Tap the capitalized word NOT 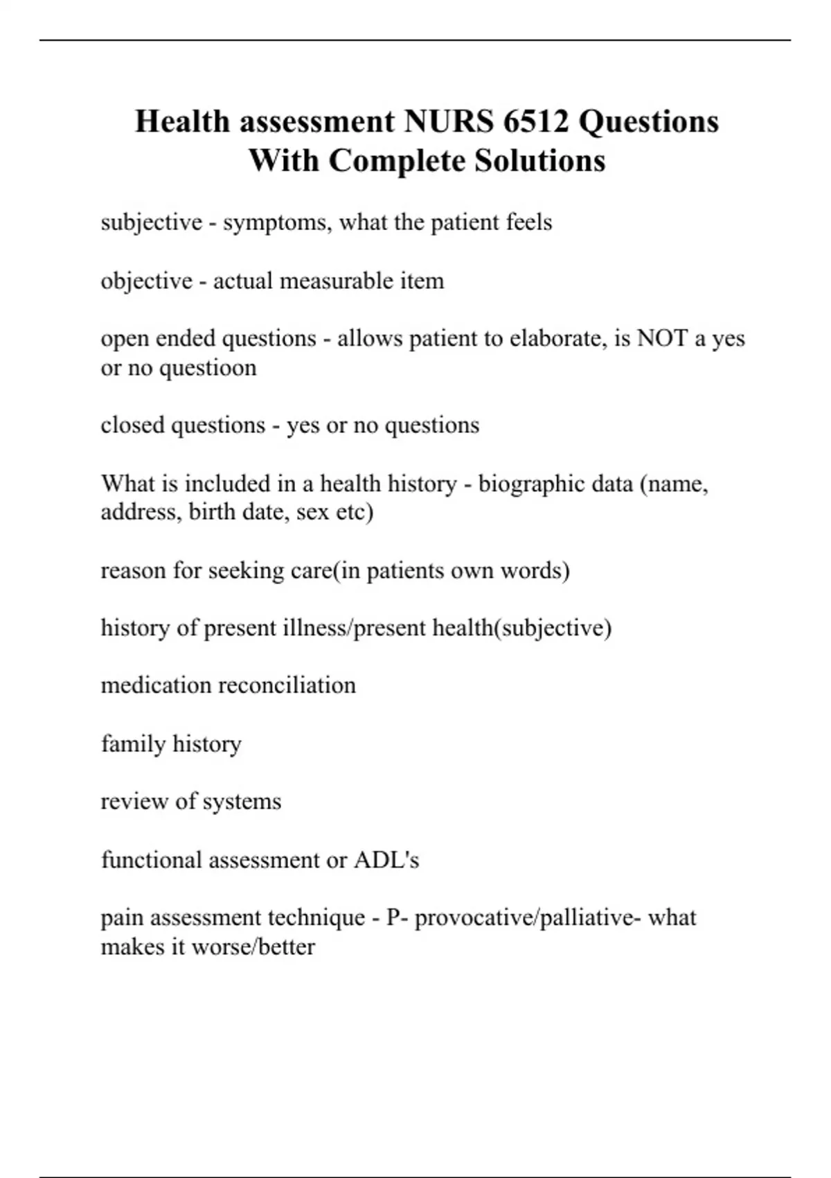pyautogui.click(x=662, y=338)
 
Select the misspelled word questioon pyautogui.click(x=208, y=367)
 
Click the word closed pyautogui.click(x=132, y=425)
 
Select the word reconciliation pyautogui.click(x=287, y=685)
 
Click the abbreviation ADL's pyautogui.click(x=386, y=860)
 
